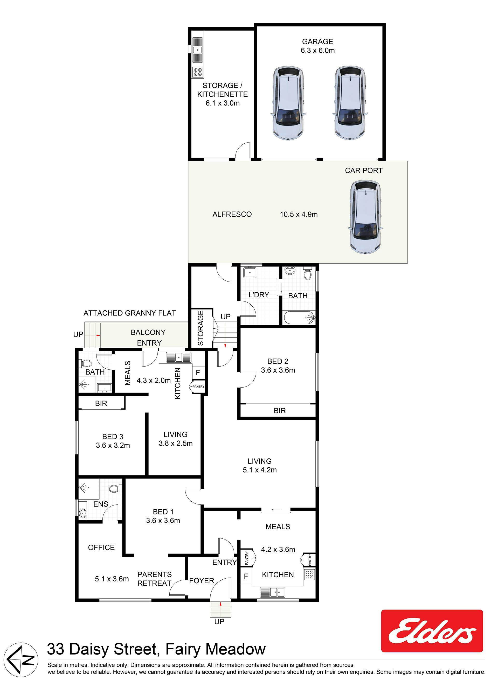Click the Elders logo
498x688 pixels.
coord(432,631)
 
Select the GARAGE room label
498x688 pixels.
coord(317,41)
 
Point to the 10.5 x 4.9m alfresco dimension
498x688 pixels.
coord(299,214)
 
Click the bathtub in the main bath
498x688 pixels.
coord(300,318)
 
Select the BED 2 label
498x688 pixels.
coord(278,361)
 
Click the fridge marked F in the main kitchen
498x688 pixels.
coord(246,576)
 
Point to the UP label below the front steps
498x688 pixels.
coord(219,622)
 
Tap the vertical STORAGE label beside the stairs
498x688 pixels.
coord(200,328)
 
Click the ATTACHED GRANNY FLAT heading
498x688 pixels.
coord(130,313)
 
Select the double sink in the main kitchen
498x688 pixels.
coord(273,592)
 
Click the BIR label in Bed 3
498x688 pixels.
coord(101,403)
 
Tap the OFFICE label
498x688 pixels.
coord(101,547)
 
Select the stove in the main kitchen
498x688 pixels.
coord(309,574)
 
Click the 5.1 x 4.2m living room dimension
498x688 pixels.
coord(260,470)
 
